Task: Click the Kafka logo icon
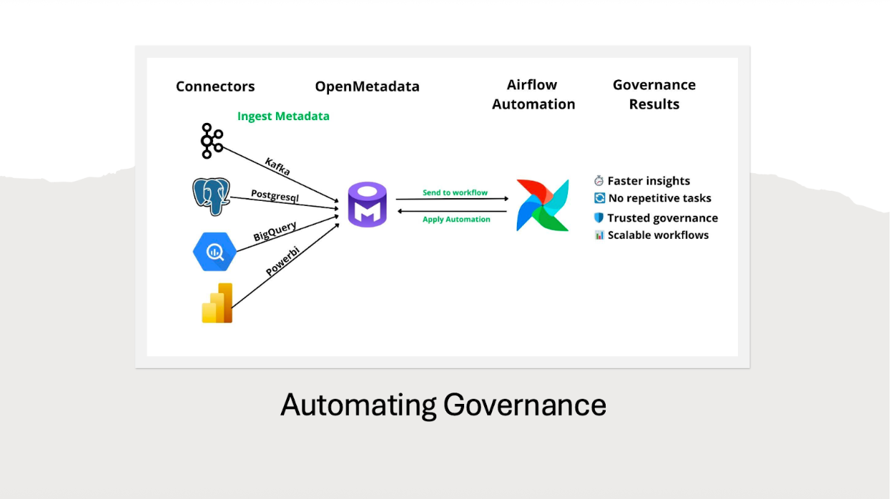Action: pos(211,141)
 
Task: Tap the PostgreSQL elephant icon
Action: pos(211,196)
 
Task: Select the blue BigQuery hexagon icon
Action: pos(215,252)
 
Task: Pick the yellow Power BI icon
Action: pos(217,303)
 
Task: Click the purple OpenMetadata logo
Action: pos(367,205)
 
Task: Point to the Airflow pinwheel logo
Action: pos(543,205)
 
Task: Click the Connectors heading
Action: pos(215,87)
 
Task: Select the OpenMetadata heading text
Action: pos(367,87)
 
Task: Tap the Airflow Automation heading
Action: pos(533,94)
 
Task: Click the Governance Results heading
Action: pos(654,94)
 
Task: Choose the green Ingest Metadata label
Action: pos(283,116)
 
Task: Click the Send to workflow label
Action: pos(455,192)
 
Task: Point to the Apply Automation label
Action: pos(456,219)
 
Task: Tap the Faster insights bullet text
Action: pos(649,181)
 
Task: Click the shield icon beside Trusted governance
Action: pos(599,218)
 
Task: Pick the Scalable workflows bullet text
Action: pos(658,235)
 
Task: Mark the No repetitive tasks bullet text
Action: pos(659,198)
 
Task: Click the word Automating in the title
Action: pos(358,405)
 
